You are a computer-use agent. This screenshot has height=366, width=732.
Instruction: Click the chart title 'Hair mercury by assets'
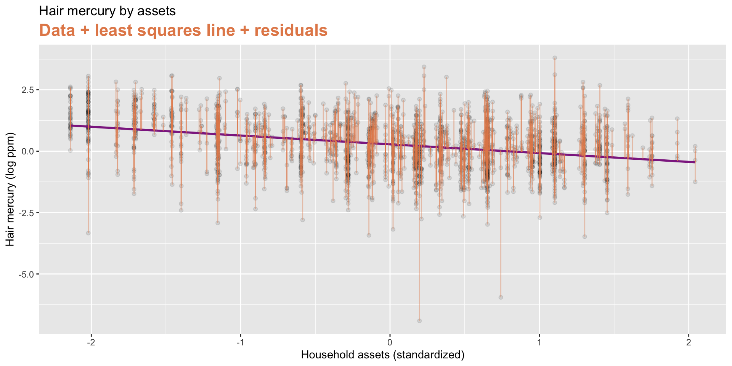107,11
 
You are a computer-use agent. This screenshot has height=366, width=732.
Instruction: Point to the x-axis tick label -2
91,342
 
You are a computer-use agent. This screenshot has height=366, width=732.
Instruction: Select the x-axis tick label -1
240,342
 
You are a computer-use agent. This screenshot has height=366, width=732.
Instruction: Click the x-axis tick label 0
390,342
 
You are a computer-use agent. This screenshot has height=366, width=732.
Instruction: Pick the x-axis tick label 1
539,342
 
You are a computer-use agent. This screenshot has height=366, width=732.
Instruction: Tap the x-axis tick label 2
689,342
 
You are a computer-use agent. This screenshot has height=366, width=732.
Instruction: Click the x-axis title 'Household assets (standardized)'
383,355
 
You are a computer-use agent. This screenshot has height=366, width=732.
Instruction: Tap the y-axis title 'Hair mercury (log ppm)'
10,189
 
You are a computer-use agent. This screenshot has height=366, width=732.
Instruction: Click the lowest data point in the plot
419,321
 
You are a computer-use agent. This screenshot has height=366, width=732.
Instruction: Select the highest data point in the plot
555,58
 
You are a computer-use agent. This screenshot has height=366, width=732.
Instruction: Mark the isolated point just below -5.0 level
501,297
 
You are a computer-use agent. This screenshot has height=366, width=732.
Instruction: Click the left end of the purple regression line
71,125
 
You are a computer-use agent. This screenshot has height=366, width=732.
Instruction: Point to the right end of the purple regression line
695,162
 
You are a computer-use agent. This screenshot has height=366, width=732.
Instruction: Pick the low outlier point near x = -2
88,233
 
